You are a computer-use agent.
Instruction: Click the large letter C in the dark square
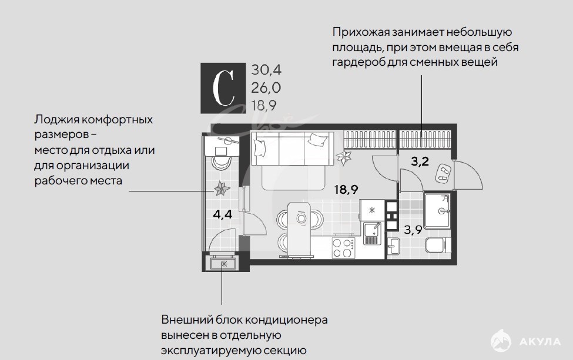point(223,88)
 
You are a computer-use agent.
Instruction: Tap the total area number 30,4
point(266,70)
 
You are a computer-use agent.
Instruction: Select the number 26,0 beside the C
point(266,88)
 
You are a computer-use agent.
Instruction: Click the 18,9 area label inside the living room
point(346,190)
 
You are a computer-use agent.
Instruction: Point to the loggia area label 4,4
point(223,214)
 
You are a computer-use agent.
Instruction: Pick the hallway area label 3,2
point(420,161)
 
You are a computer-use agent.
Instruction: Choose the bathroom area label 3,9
point(413,230)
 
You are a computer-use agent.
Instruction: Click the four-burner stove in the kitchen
point(343,248)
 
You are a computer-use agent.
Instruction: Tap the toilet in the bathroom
point(438,245)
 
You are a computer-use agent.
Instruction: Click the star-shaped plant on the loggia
point(222,189)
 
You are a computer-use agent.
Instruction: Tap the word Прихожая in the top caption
point(361,32)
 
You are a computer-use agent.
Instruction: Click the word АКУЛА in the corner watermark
point(540,342)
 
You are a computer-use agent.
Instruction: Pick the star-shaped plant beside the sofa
point(344,157)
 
